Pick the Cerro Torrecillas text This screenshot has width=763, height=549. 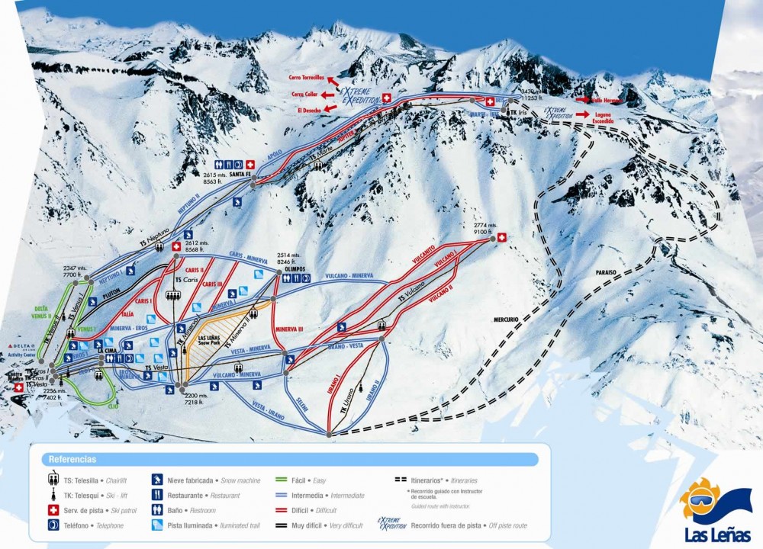(307, 78)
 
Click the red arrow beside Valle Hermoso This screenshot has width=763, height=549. (582, 100)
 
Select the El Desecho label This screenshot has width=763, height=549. (308, 110)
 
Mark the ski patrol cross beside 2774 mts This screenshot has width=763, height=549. (501, 238)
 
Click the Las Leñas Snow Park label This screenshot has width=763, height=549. (208, 342)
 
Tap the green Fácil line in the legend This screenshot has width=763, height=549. (279, 480)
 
